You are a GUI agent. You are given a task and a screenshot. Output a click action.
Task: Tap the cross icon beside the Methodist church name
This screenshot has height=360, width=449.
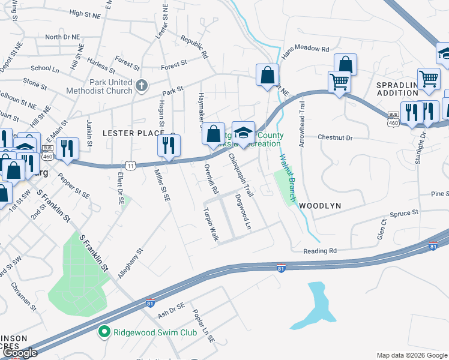tap(142, 86)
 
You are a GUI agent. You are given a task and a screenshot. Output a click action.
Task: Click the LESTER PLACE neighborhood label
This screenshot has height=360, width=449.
tap(133, 133)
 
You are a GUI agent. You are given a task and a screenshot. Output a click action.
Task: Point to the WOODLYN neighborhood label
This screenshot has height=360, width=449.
tap(320, 206)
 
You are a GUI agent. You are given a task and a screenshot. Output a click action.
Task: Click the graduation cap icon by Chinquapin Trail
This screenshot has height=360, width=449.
tap(243, 133)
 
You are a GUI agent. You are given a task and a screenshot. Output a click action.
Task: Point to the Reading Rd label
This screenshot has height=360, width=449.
tap(320, 251)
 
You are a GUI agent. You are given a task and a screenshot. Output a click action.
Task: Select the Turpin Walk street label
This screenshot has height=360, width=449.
tap(211, 225)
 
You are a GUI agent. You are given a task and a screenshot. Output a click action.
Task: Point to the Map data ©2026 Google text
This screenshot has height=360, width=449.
tap(412, 355)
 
